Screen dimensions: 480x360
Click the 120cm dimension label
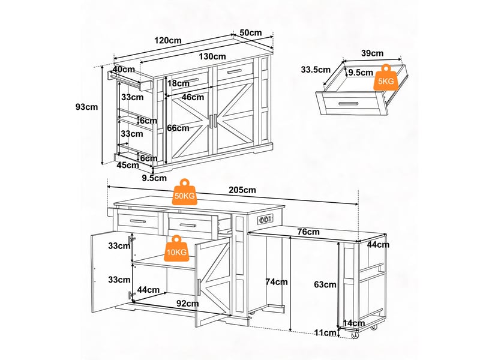(168, 40)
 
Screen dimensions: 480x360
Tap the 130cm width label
(212, 56)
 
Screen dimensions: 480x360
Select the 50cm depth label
(251, 33)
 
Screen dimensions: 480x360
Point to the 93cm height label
(86, 107)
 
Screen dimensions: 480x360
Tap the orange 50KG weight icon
(184, 192)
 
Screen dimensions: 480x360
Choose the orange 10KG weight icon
(176, 248)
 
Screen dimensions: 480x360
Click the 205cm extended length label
(242, 190)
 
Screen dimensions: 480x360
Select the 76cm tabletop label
(308, 232)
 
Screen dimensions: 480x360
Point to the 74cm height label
(277, 281)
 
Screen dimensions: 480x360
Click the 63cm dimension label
(325, 284)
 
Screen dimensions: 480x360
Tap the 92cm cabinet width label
(188, 304)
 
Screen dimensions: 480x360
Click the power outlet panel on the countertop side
(265, 219)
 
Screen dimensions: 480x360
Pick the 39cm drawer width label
(372, 53)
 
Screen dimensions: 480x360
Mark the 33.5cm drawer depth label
(316, 70)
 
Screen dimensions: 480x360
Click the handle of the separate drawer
(349, 104)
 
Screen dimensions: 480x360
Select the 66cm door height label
(178, 128)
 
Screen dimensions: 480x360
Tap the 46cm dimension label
(193, 97)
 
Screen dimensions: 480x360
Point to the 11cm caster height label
(326, 333)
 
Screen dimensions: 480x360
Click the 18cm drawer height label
(178, 83)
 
